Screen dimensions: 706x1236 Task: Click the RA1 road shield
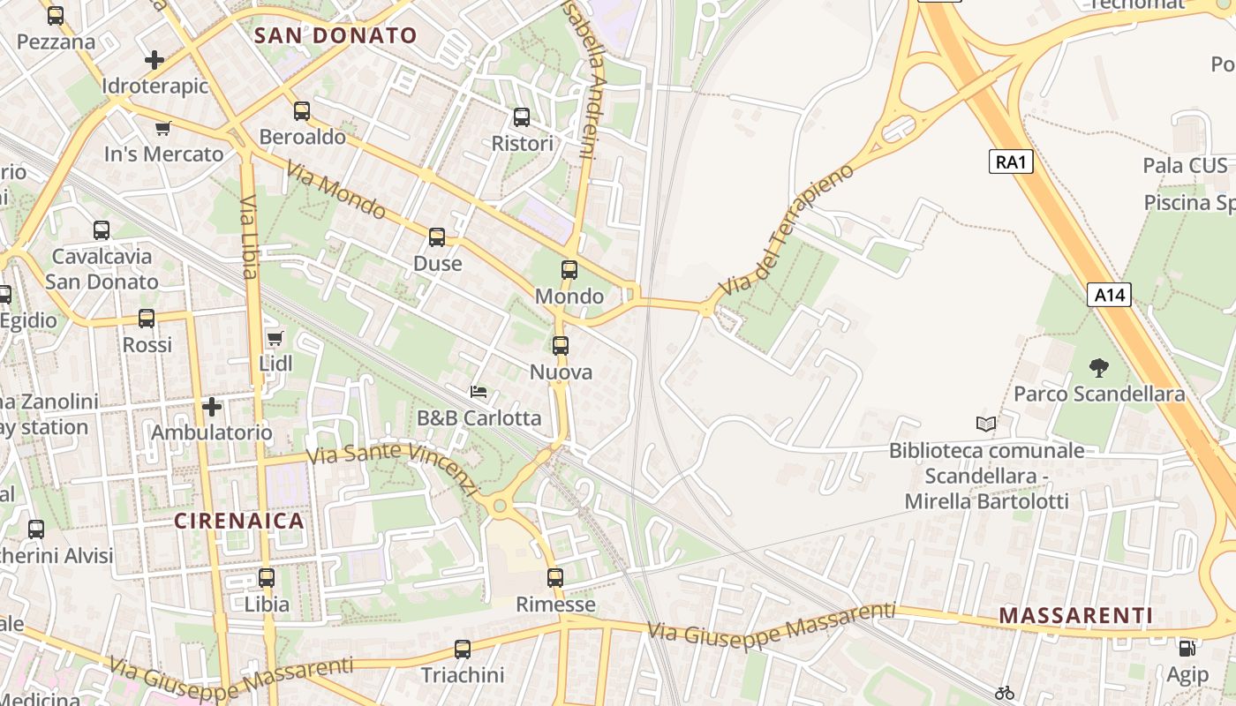(1011, 161)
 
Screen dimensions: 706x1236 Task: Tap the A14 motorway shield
(1109, 295)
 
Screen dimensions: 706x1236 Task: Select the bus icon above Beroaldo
(302, 111)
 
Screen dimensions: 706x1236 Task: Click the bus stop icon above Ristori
(522, 116)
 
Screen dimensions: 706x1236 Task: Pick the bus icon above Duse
(437, 237)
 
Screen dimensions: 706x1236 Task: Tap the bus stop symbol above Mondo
(569, 269)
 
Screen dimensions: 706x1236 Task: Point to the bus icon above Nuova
(561, 346)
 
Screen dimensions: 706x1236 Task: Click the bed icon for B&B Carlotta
(479, 391)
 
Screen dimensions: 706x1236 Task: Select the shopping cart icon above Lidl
(275, 338)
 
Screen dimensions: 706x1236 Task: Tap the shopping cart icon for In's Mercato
(162, 128)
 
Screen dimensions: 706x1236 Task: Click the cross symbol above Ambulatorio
(212, 407)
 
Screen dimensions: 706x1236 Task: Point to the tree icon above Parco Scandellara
(1099, 367)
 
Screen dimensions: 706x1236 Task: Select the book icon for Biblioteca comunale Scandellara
(986, 424)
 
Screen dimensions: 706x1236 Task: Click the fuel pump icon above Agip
(1187, 649)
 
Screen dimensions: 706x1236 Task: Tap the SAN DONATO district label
(335, 36)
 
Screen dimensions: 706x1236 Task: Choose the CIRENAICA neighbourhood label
(239, 521)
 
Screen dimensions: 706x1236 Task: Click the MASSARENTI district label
(1076, 615)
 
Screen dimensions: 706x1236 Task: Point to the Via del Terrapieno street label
(788, 229)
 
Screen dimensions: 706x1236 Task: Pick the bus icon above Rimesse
(555, 578)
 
